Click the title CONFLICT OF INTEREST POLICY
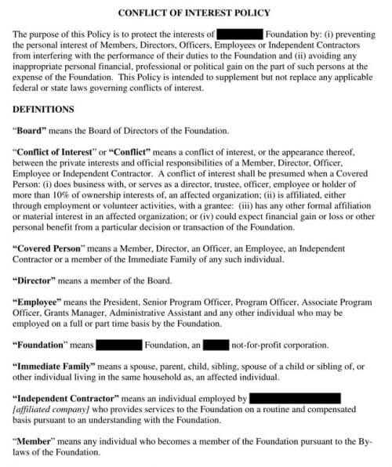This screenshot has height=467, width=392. tap(195, 13)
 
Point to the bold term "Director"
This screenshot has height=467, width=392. tap(40, 279)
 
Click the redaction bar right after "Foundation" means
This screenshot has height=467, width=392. tap(119, 344)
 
